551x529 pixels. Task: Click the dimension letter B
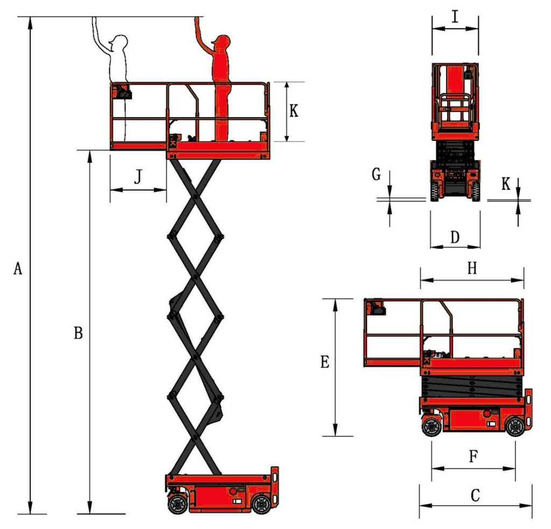tap(78, 333)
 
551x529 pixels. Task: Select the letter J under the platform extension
tap(138, 177)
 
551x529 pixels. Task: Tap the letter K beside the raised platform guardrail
tap(294, 111)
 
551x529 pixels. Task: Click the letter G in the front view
tap(376, 174)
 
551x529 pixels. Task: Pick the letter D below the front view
tap(455, 237)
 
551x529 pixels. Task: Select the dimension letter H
tap(472, 269)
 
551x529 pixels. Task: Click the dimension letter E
tap(324, 363)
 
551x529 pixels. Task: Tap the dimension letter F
tap(474, 457)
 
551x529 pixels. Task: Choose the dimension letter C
tap(475, 495)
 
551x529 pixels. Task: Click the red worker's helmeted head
tap(221, 44)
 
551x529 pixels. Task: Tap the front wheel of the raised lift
tap(261, 504)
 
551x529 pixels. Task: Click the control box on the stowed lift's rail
tap(376, 308)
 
